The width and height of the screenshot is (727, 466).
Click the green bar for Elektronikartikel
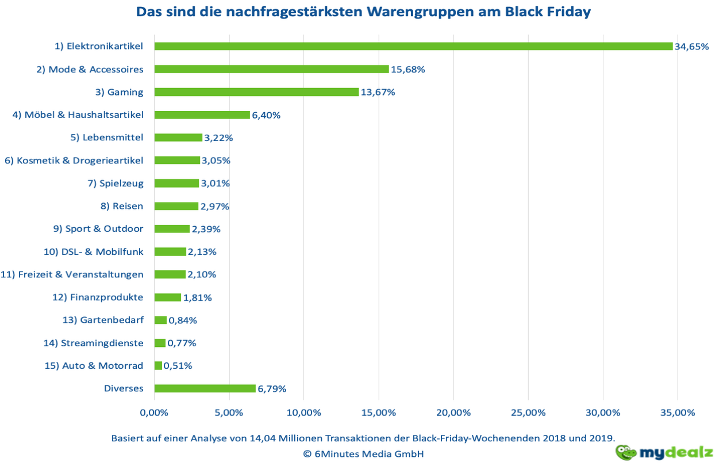(x=413, y=46)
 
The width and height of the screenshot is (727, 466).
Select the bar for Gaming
(x=256, y=92)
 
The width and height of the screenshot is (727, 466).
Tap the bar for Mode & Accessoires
(x=271, y=69)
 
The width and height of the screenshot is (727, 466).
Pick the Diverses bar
(x=205, y=388)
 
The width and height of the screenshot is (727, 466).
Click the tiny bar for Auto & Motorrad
(x=158, y=365)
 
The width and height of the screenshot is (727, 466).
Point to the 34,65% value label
(x=691, y=47)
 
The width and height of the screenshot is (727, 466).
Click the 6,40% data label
(x=266, y=115)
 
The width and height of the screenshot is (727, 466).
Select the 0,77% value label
(x=182, y=343)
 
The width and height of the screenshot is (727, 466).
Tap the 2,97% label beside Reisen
(x=214, y=206)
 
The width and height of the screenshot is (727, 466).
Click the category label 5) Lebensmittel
(x=107, y=137)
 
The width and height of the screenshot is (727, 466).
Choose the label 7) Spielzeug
(x=116, y=184)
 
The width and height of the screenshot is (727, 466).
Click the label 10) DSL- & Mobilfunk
(x=94, y=251)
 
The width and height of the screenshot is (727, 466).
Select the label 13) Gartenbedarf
(x=103, y=320)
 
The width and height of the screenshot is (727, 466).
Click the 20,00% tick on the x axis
(x=453, y=412)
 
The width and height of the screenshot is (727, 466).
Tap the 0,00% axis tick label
(x=154, y=412)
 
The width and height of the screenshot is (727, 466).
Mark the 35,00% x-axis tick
(x=677, y=412)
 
